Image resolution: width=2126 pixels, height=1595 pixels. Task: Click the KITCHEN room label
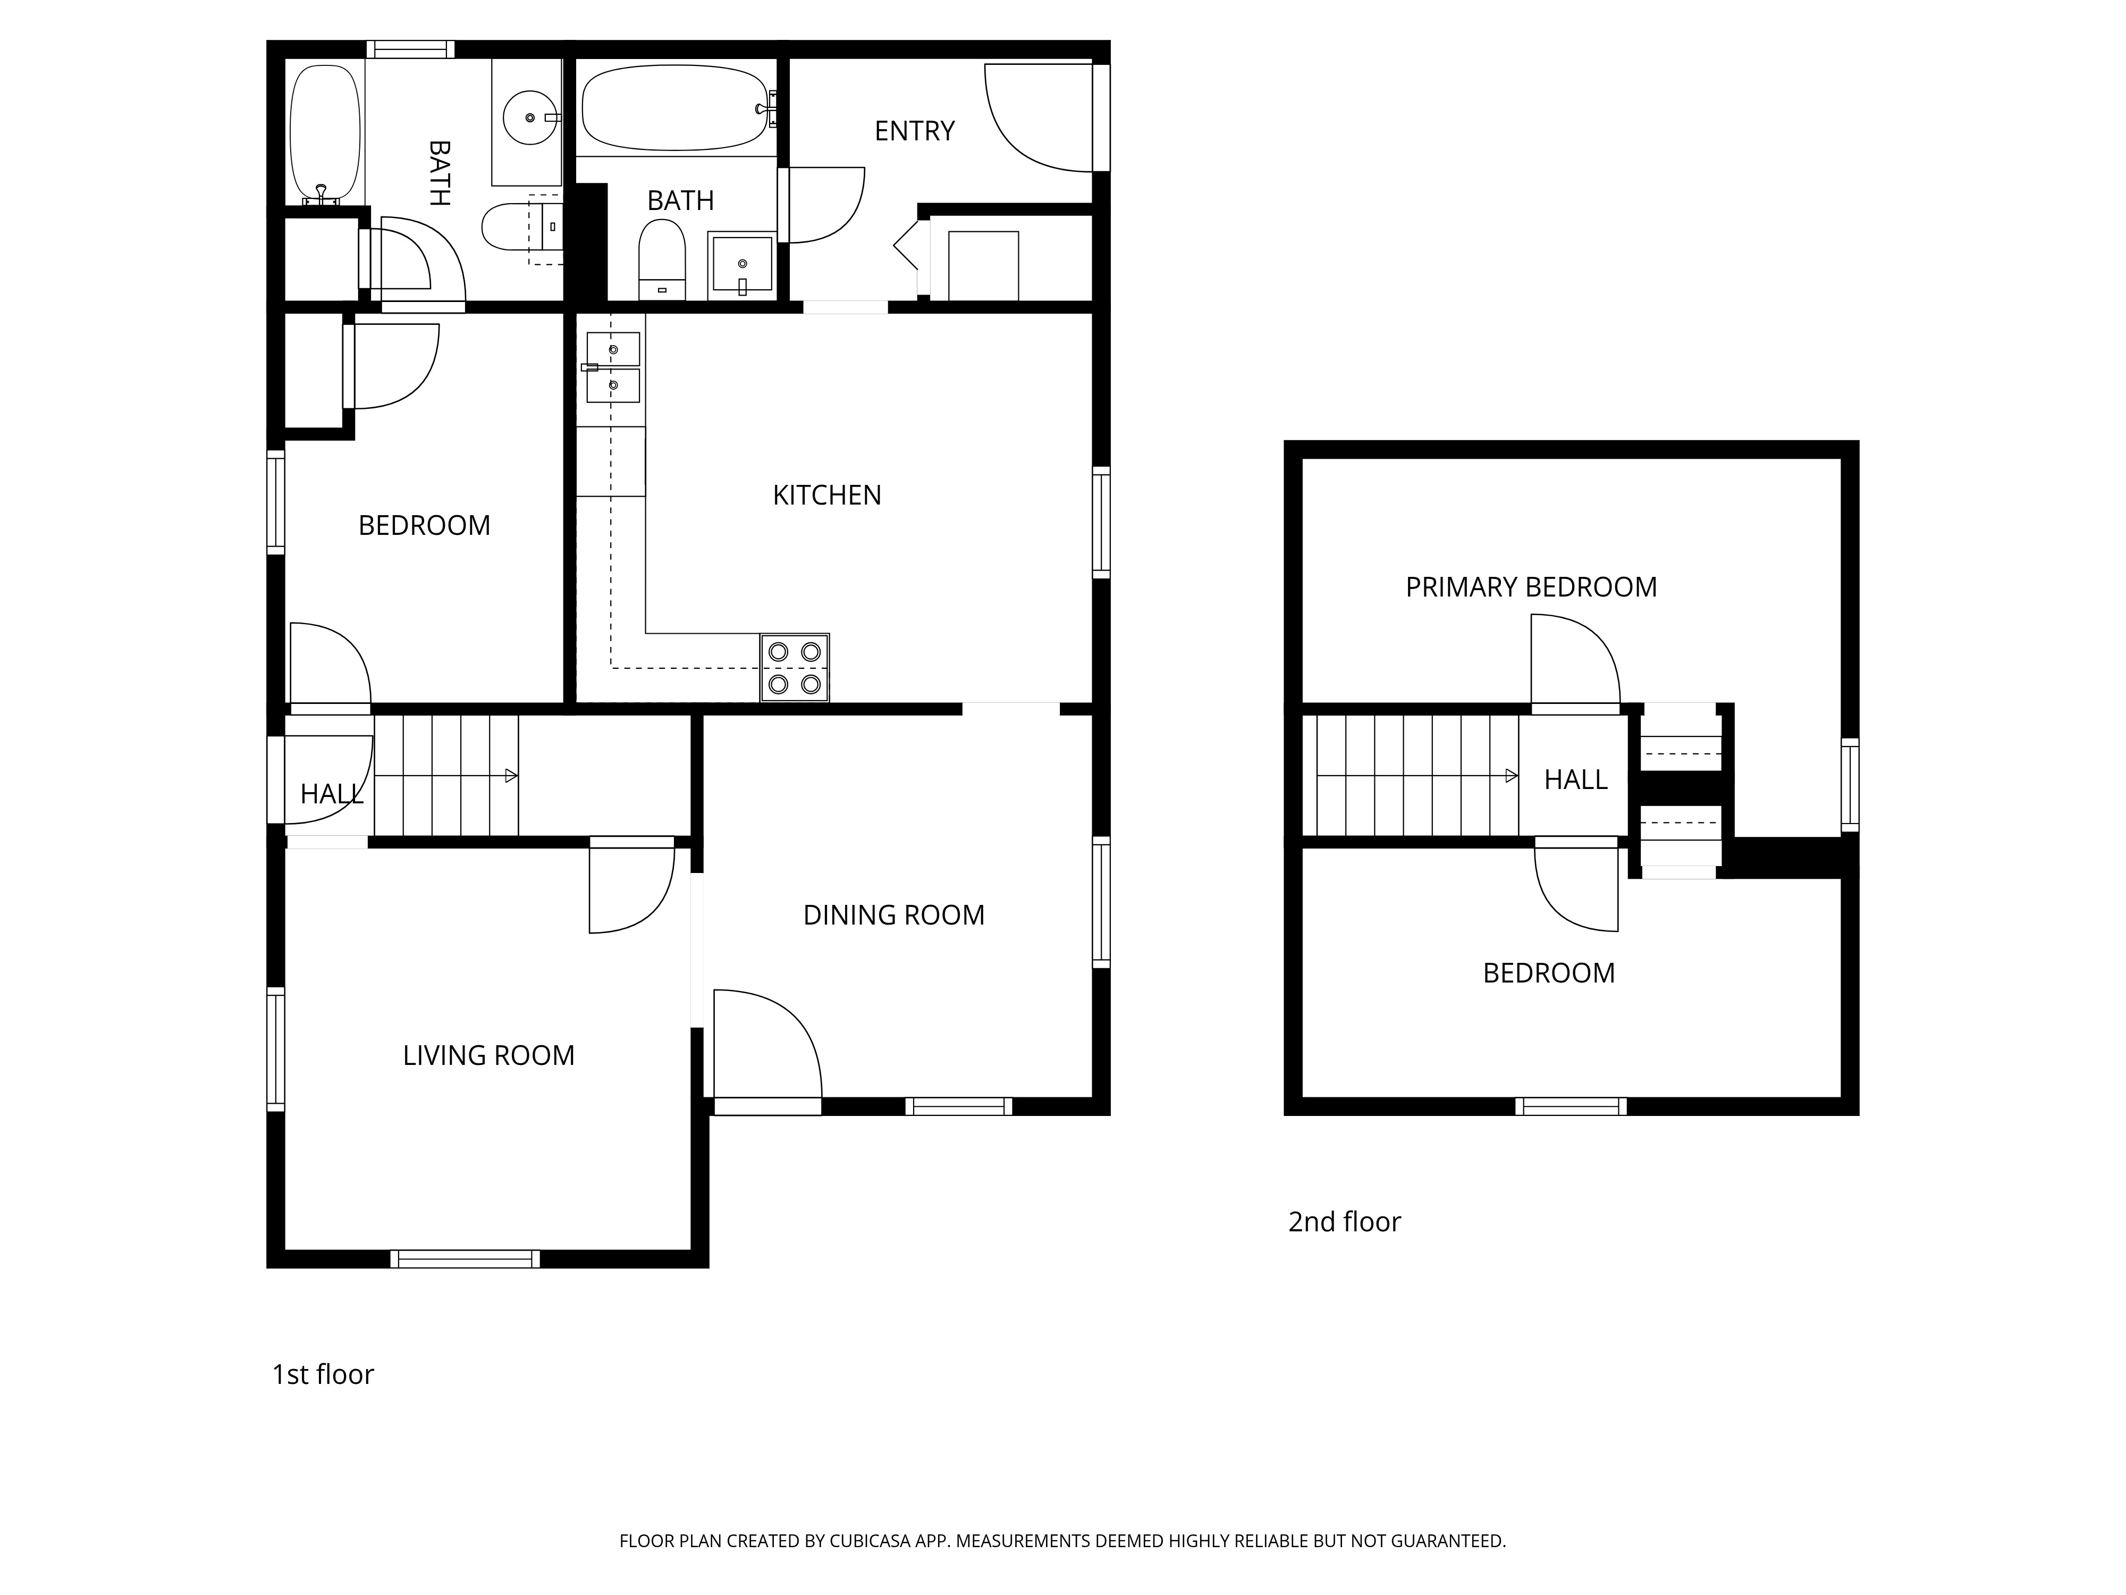(x=826, y=495)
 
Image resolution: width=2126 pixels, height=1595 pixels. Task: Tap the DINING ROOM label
(x=894, y=916)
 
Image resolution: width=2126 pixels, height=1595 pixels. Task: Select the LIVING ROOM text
(x=488, y=1056)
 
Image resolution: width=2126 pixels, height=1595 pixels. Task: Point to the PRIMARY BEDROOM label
(x=1531, y=587)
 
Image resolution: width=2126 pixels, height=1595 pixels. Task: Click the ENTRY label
(x=914, y=131)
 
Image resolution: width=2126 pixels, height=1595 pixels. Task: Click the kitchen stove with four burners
(x=795, y=667)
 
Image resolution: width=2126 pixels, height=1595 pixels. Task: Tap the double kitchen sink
(x=612, y=367)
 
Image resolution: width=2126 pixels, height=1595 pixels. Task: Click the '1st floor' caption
(x=323, y=1375)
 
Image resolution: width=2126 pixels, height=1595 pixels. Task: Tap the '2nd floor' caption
(x=1345, y=1222)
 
